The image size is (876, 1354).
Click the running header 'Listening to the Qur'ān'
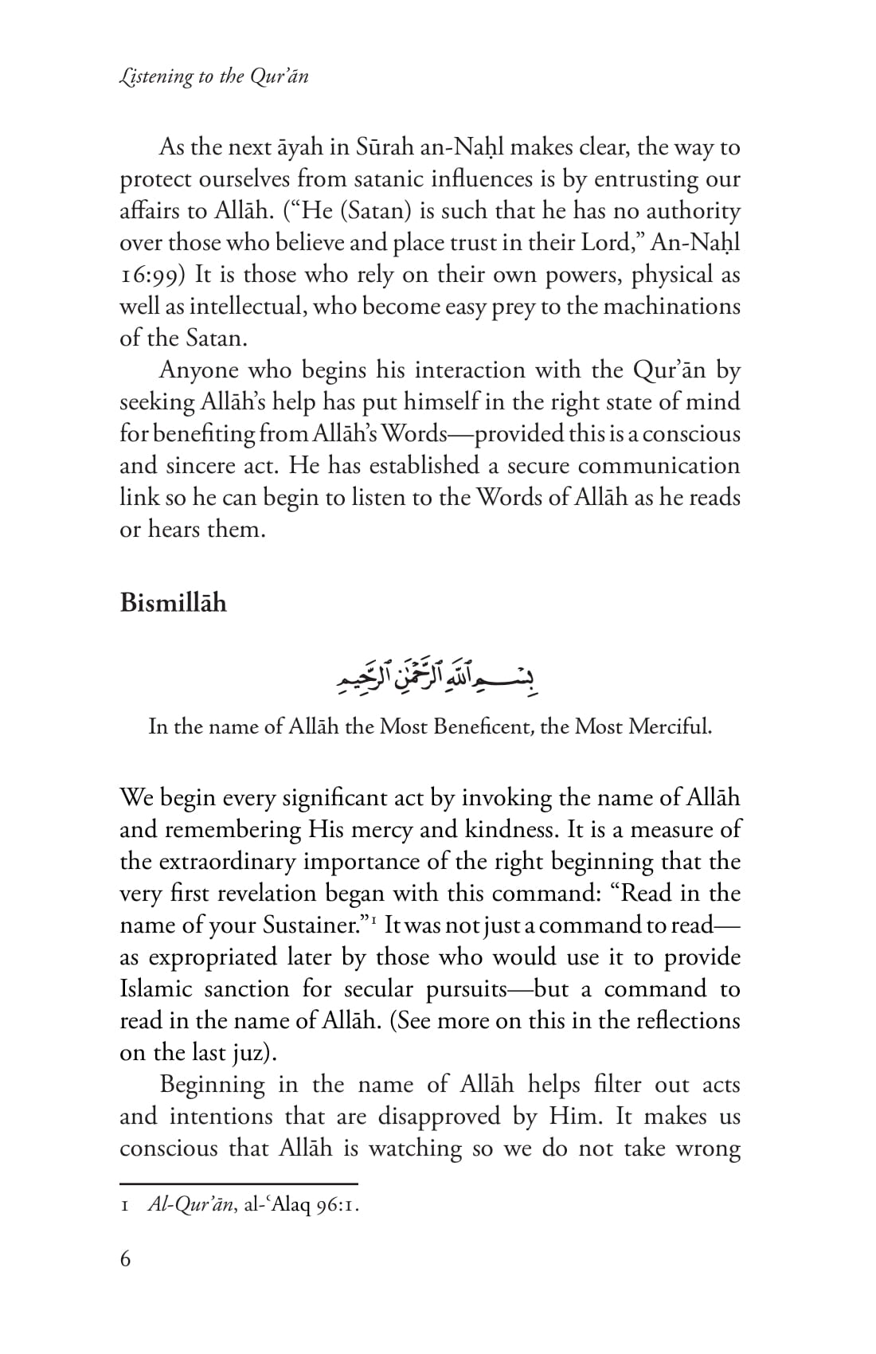[213, 76]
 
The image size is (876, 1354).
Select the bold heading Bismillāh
[173, 603]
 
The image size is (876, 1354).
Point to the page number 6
[125, 1259]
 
